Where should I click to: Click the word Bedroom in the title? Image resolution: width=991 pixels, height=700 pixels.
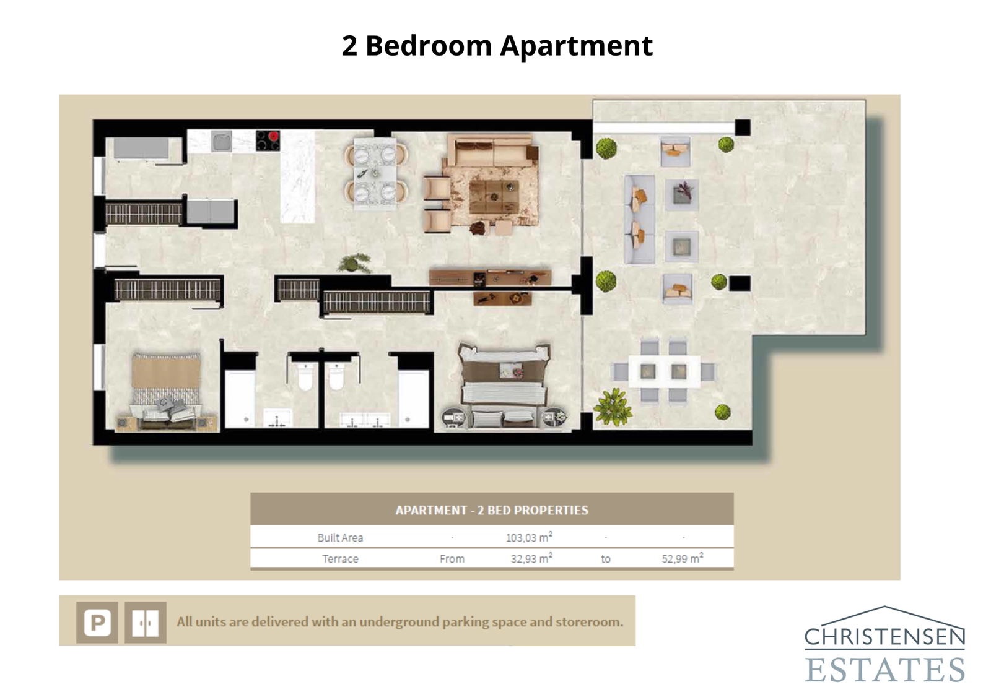(429, 46)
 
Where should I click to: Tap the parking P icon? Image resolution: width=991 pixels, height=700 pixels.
(97, 622)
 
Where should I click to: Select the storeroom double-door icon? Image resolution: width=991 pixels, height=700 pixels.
(146, 622)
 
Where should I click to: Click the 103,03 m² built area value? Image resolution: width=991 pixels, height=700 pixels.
(528, 537)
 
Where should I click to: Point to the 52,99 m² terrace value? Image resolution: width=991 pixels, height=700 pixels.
(682, 558)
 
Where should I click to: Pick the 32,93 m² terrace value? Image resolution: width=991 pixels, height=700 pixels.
(531, 558)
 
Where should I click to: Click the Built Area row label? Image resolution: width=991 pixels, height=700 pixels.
(340, 537)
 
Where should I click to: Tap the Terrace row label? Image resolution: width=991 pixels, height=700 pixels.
(340, 558)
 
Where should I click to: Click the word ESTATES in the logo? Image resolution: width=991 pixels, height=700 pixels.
(884, 670)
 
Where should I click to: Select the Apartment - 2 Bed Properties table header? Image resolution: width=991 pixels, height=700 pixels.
(492, 510)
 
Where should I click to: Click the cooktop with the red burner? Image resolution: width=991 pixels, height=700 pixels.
(268, 140)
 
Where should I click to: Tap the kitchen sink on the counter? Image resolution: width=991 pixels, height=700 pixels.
(222, 142)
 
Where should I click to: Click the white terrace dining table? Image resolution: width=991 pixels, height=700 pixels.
(663, 371)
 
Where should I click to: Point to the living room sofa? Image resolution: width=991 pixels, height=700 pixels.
(492, 152)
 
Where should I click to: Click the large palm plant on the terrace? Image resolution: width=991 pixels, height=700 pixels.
(613, 407)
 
